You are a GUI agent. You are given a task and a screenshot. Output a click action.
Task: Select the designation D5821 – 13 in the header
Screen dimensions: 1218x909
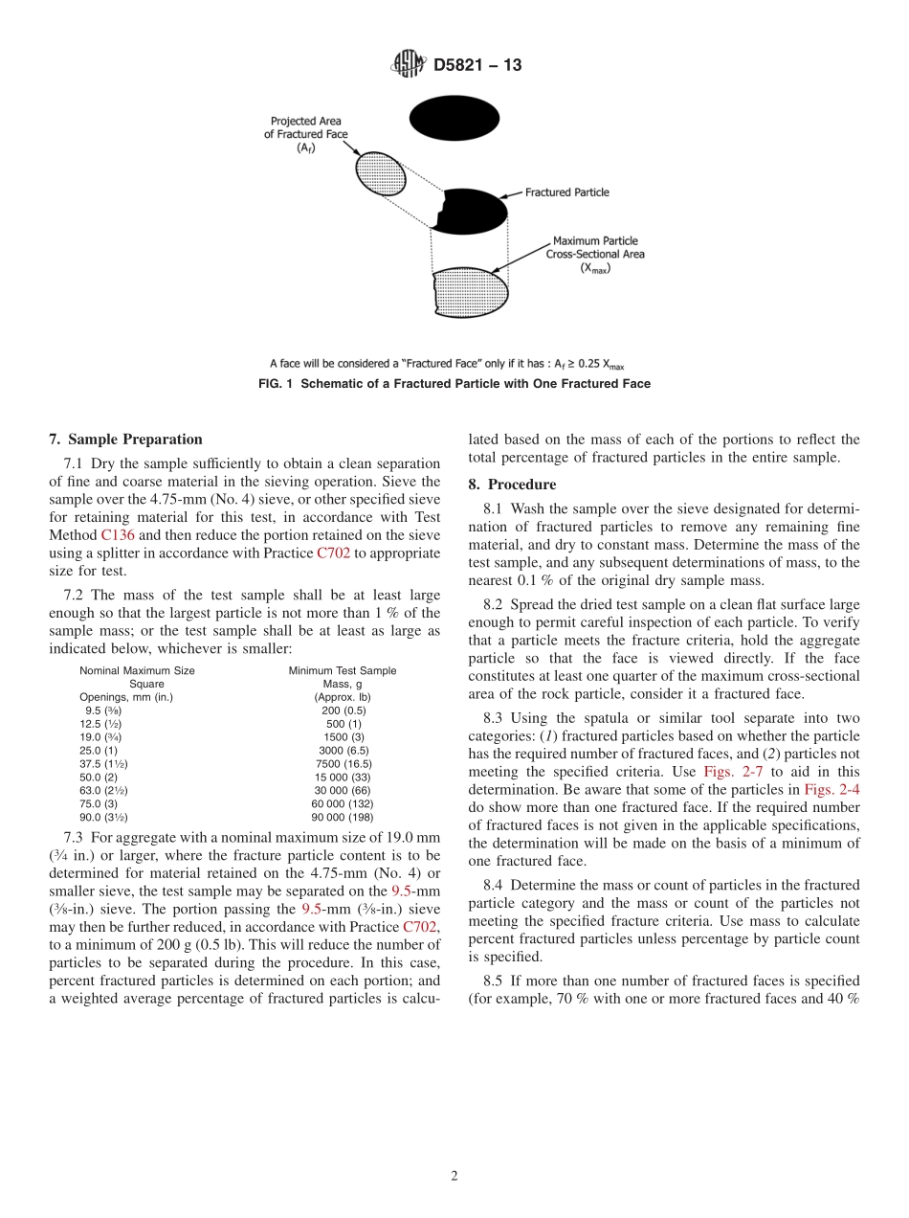point(477,66)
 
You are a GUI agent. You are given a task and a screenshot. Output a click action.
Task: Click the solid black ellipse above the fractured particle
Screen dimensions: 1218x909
point(454,119)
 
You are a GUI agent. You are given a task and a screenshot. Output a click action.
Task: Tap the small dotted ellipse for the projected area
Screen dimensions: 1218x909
point(374,172)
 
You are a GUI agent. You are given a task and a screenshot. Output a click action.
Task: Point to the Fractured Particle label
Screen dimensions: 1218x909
point(566,192)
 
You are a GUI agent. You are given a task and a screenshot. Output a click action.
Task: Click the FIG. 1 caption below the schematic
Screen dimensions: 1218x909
point(454,384)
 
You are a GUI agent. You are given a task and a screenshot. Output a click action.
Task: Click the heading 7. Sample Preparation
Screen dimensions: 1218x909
point(125,440)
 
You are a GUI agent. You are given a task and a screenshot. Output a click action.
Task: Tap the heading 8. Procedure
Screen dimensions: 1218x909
point(511,485)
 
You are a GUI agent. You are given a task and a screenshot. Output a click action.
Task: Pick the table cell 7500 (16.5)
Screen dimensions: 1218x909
point(343,764)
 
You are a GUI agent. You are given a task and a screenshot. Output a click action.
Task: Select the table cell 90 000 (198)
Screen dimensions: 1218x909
point(343,818)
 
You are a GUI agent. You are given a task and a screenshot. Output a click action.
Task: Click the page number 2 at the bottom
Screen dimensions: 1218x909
point(454,1177)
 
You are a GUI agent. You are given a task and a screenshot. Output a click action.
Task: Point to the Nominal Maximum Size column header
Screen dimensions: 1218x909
point(137,671)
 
